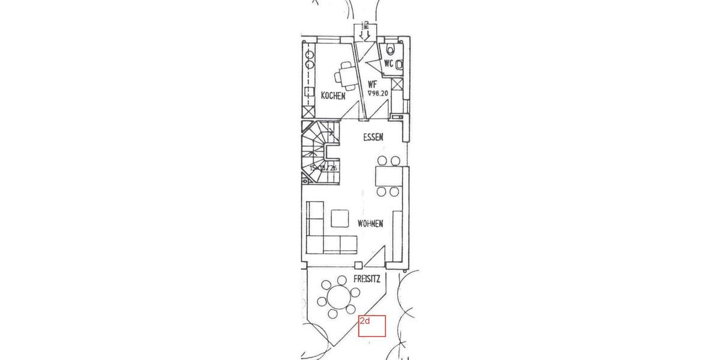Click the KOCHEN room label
click(x=333, y=95)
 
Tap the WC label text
click(x=389, y=63)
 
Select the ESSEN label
click(x=373, y=137)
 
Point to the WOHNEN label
click(x=370, y=224)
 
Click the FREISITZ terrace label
click(x=367, y=279)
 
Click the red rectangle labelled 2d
click(x=371, y=327)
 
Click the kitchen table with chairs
click(x=346, y=76)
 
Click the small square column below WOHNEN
click(x=358, y=265)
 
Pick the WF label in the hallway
click(x=372, y=85)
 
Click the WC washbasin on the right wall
click(x=400, y=62)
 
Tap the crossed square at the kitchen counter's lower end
click(x=308, y=111)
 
